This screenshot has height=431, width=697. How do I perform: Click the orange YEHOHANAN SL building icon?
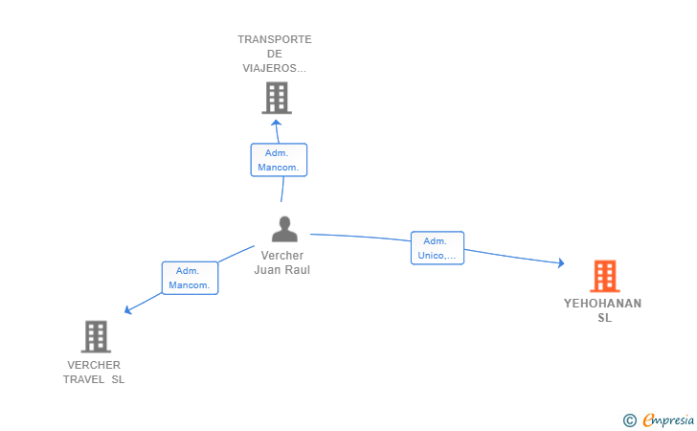[x=604, y=276]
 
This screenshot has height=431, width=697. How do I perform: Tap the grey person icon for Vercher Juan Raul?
[x=284, y=229]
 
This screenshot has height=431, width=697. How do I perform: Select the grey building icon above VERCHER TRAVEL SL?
[x=95, y=336]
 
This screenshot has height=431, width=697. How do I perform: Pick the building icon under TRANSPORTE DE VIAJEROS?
[x=276, y=98]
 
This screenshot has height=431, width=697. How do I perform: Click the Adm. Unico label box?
[x=438, y=248]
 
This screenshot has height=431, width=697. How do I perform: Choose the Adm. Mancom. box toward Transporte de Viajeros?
[x=279, y=160]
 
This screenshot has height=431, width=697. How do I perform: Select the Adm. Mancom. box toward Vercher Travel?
[x=190, y=278]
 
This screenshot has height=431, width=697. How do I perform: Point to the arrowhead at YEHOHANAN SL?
[x=561, y=262]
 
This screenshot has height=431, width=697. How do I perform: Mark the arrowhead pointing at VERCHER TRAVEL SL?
[x=128, y=309]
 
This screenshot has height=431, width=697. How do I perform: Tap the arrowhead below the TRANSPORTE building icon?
[x=276, y=122]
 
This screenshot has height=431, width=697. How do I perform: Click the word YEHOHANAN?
[x=603, y=304]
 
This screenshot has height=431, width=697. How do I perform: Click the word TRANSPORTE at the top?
[x=275, y=39]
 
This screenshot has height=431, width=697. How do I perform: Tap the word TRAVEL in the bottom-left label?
[x=83, y=379]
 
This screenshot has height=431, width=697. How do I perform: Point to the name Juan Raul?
[x=281, y=270]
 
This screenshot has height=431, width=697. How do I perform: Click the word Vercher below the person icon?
[x=282, y=256]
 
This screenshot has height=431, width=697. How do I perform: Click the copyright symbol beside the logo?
[x=630, y=420]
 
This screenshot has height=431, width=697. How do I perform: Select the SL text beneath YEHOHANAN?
[x=604, y=318]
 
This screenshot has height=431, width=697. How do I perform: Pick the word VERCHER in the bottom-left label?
[x=94, y=365]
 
